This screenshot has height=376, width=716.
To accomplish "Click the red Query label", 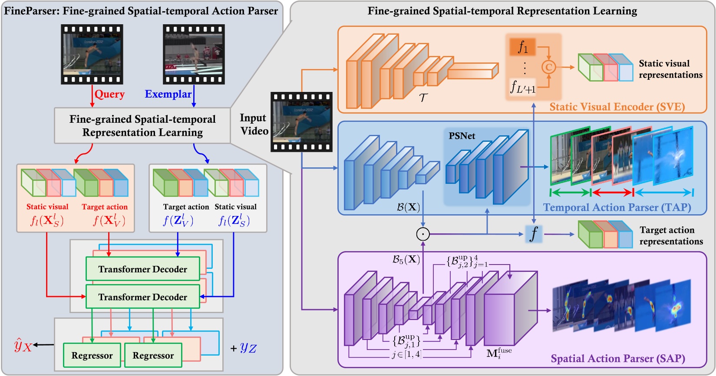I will pyautogui.click(x=109, y=94).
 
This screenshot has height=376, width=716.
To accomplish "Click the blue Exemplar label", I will pyautogui.click(x=168, y=94).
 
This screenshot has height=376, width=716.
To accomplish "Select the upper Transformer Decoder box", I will pyautogui.click(x=142, y=269).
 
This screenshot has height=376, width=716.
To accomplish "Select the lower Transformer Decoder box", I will pyautogui.click(x=142, y=297).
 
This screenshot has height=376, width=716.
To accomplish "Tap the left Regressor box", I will pyautogui.click(x=92, y=356).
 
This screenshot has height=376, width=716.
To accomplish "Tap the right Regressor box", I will pyautogui.click(x=153, y=356).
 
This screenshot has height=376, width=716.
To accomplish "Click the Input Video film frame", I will pyautogui.click(x=301, y=122).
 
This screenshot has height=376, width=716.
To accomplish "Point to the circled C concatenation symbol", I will pyautogui.click(x=548, y=67).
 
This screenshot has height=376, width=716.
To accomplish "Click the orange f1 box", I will pyautogui.click(x=522, y=47).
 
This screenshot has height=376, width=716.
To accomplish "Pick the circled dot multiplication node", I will pyautogui.click(x=423, y=234).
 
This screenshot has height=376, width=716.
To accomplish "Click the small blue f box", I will pyautogui.click(x=534, y=234).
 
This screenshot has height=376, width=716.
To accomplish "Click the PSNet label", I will pyautogui.click(x=462, y=136).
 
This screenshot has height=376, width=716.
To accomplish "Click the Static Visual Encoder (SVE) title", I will pyautogui.click(x=617, y=107).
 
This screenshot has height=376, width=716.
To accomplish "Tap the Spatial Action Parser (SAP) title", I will pyautogui.click(x=617, y=359).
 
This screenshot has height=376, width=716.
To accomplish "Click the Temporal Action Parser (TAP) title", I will pyautogui.click(x=617, y=207).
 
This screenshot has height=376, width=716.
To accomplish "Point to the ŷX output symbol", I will pyautogui.click(x=23, y=346).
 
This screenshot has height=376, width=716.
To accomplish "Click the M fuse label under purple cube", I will pyautogui.click(x=499, y=353).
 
